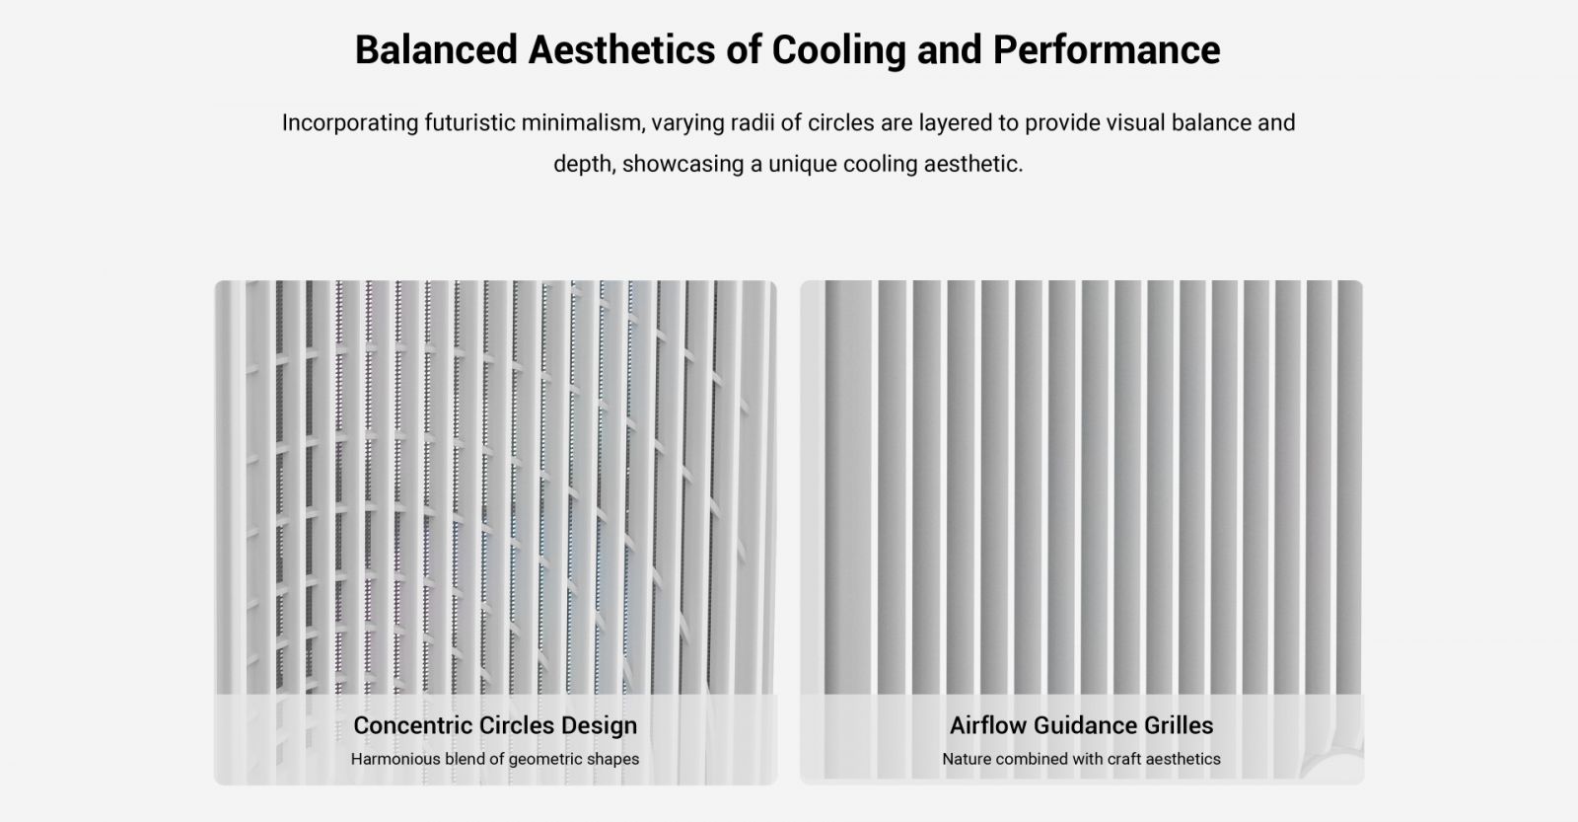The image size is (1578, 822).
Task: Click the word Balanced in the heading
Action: pos(436,50)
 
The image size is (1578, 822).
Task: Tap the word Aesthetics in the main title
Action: pos(621,50)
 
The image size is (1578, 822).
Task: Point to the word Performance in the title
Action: pos(1107,50)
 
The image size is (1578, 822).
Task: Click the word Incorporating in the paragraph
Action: pos(350,123)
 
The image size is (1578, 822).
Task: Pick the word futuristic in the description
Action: pos(469,122)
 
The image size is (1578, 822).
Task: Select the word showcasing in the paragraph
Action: pos(682,164)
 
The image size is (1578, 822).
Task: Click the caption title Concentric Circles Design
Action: pos(495,725)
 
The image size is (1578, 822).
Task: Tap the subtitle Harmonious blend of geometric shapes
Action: pos(495,759)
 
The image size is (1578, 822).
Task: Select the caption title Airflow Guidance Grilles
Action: pos(1081,725)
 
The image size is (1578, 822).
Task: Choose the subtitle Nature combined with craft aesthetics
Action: pos(1081,759)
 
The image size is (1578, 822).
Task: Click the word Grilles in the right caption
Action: pos(1179,725)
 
